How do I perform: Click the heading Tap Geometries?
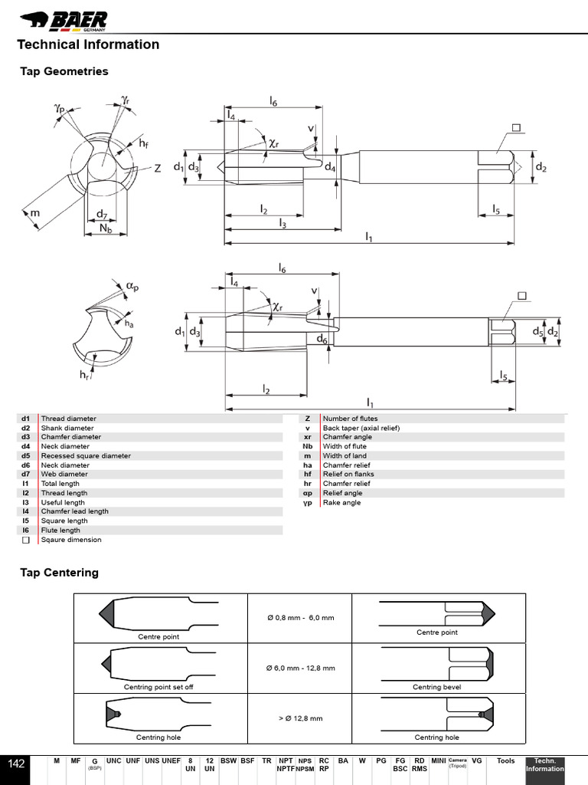(64, 71)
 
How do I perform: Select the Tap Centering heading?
(59, 573)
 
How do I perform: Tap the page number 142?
(17, 764)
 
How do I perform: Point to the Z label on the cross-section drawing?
(158, 169)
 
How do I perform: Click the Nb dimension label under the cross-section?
(108, 228)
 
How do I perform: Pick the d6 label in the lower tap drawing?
(322, 340)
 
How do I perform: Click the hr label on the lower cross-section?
(85, 375)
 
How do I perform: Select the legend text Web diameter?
(64, 475)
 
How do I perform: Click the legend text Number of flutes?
(350, 419)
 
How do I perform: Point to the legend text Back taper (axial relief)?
(361, 428)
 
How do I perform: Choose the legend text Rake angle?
(341, 503)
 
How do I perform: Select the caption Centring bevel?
(437, 687)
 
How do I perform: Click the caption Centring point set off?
(158, 687)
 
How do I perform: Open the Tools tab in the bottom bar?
(505, 760)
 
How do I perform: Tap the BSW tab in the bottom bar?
(228, 760)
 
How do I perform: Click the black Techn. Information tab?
(544, 764)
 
